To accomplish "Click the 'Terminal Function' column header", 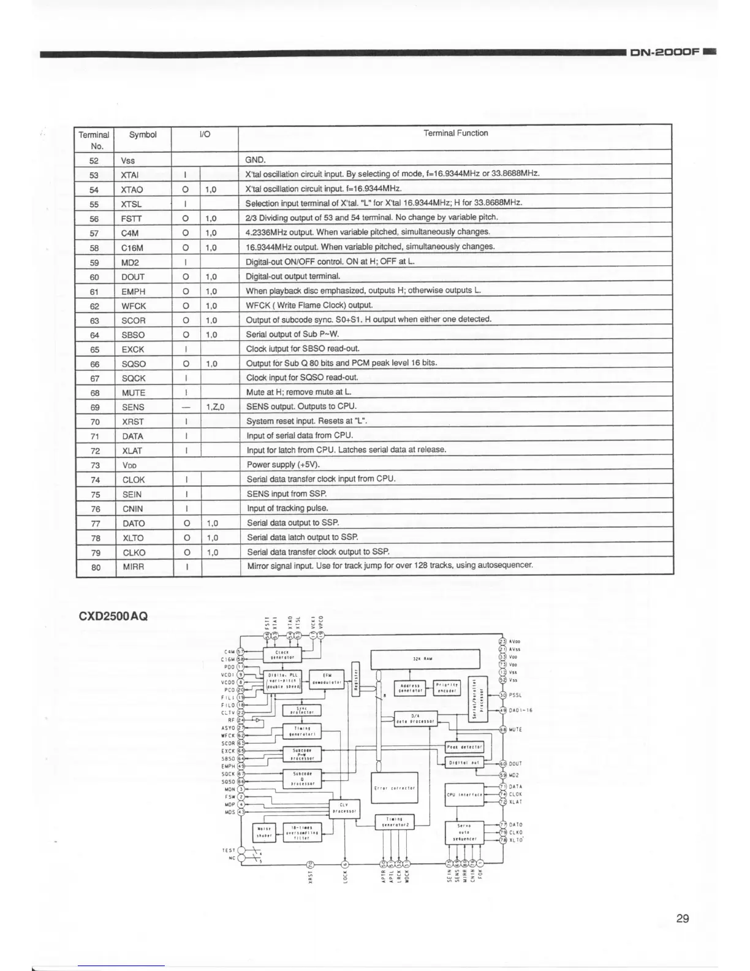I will [x=455, y=133].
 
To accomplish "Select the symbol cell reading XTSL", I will [x=131, y=204].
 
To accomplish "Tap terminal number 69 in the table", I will [x=94, y=407].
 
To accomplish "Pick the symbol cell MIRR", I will [x=133, y=567].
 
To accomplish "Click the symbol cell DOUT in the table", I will [x=133, y=276].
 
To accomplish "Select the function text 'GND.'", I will [x=256, y=160].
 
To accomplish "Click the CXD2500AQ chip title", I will [x=113, y=615].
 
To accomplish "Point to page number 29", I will [x=683, y=918].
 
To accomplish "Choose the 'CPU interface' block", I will [x=464, y=794].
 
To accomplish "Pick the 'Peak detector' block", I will [x=465, y=747].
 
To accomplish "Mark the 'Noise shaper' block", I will [x=264, y=833].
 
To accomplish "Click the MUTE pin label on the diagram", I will [x=515, y=729].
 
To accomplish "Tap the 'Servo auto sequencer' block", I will [x=464, y=832].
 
